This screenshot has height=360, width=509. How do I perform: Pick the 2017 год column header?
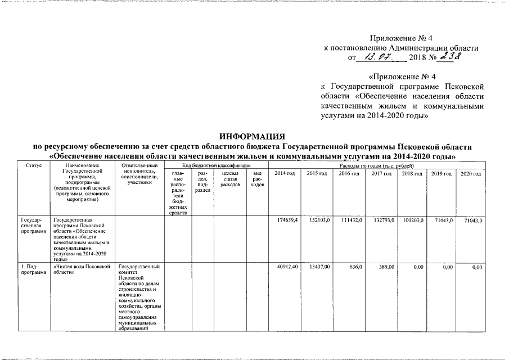click(381, 173)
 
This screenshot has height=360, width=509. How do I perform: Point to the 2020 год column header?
click(470, 173)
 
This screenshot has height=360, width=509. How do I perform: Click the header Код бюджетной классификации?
click(216, 166)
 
